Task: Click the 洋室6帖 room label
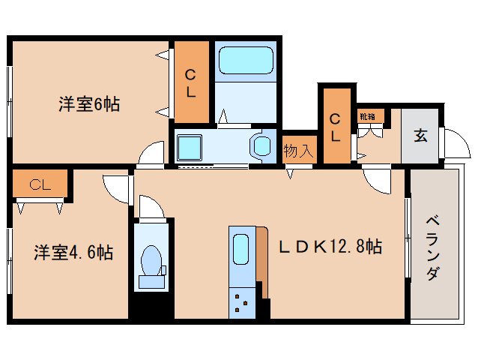(x=89, y=103)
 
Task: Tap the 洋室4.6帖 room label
(x=73, y=253)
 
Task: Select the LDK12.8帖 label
(x=330, y=246)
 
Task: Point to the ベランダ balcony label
(x=433, y=247)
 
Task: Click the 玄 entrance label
(x=421, y=136)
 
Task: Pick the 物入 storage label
(x=298, y=150)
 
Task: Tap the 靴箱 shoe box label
(x=370, y=116)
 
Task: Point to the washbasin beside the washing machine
(x=261, y=145)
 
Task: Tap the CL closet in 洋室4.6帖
(x=40, y=184)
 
